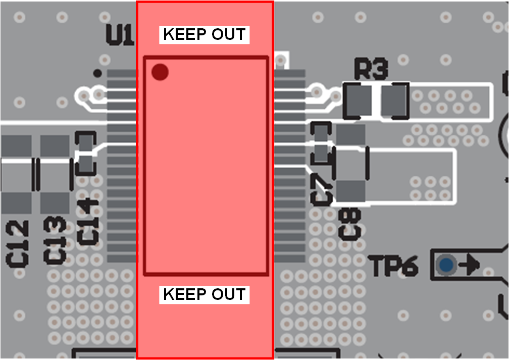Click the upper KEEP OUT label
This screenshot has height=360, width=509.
[x=205, y=34]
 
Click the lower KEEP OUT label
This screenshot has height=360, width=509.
[x=205, y=294]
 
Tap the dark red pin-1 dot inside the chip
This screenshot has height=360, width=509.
[x=160, y=72]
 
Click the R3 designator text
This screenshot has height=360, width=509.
[x=371, y=69]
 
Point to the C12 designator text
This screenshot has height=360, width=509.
[x=18, y=244]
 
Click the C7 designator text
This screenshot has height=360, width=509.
[x=322, y=189]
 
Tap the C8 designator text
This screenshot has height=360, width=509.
[x=350, y=224]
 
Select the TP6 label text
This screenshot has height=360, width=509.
[x=394, y=266]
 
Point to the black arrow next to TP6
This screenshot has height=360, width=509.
[x=470, y=264]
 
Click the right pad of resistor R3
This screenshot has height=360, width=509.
[x=394, y=100]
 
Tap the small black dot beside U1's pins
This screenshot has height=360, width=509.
[x=97, y=73]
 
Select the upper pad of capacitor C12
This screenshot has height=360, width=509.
[x=16, y=146]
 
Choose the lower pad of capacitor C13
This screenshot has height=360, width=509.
[x=55, y=202]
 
